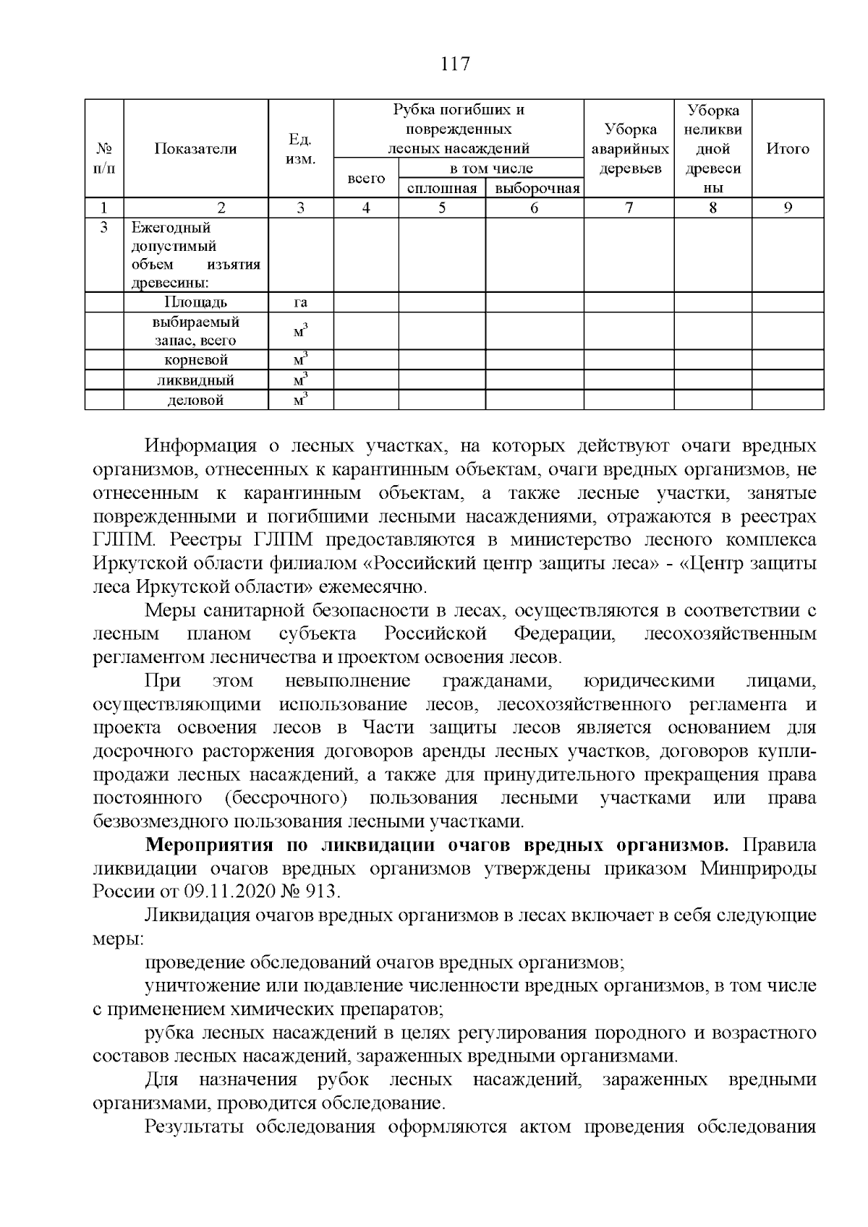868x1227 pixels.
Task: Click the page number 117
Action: (x=455, y=65)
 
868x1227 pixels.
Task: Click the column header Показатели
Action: (x=195, y=149)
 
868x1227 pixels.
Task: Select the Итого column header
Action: (x=788, y=149)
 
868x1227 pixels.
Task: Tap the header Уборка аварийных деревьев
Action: (x=629, y=149)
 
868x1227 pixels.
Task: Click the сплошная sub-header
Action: (x=442, y=189)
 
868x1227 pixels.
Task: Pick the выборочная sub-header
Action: (x=534, y=189)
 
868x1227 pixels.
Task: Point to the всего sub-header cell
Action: (x=366, y=178)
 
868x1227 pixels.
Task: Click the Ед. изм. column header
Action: (x=300, y=149)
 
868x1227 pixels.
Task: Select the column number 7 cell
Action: (x=629, y=208)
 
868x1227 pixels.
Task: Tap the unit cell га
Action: (x=300, y=302)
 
